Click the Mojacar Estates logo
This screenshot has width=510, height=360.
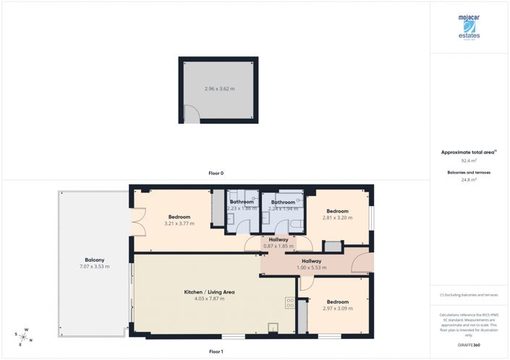pos(469,27)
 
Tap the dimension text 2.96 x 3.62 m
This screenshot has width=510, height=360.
pos(219,89)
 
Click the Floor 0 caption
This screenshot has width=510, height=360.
pos(216,173)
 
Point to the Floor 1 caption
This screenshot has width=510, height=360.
pos(216,351)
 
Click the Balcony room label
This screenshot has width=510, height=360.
pos(94,260)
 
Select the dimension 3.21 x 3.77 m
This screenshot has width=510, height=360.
pos(179,223)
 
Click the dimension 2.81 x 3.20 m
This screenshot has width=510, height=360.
pos(337,218)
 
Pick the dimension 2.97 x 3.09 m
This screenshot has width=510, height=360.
pos(337,308)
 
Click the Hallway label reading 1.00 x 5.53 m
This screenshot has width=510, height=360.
pos(311,267)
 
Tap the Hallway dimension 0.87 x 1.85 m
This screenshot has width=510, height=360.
pos(279,246)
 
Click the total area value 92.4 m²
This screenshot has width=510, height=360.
pos(469,161)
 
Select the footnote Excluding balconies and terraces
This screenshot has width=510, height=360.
pos(469,296)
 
